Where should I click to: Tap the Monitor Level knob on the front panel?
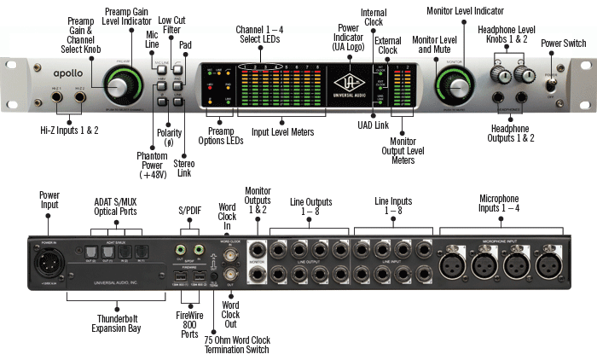click(x=454, y=84)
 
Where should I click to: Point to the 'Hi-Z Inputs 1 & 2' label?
click(x=70, y=130)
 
